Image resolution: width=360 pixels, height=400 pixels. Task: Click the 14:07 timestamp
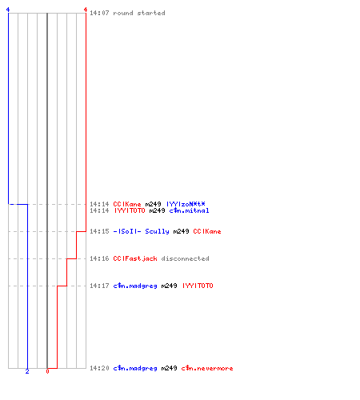coord(99,13)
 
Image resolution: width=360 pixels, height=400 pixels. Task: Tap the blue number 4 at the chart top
coord(8,10)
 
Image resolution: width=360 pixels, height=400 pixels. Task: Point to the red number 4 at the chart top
coord(86,10)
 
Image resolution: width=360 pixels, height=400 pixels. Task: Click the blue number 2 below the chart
coord(27,371)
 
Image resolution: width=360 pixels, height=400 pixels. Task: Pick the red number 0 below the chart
coord(47,371)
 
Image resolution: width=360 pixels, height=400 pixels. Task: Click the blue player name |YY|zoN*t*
coord(186,204)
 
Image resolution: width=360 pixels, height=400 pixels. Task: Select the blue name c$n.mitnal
coord(189,210)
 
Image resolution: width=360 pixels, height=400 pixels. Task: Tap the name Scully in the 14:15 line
coord(157,231)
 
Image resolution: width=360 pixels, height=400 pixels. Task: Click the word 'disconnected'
coord(185,258)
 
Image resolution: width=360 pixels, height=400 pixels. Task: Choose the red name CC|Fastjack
coord(135,258)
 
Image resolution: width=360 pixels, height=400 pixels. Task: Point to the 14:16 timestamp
coord(99,258)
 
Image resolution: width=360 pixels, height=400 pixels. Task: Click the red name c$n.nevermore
coord(207,368)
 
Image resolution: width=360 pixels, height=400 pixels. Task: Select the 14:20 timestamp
coord(99,368)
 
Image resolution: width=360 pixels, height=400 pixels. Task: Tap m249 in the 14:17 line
coord(169,286)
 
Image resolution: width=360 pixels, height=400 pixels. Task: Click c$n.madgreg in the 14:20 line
coord(135,368)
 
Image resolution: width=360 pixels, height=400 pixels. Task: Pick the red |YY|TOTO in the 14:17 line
coord(198,286)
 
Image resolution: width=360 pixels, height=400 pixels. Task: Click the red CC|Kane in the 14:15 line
coord(207,231)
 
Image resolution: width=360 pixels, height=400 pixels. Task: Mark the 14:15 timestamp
coord(99,231)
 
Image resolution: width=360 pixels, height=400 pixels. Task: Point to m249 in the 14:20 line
coord(169,368)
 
